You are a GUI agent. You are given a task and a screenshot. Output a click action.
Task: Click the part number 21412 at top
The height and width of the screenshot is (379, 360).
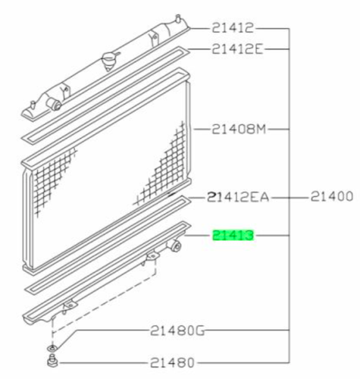(x=232, y=28)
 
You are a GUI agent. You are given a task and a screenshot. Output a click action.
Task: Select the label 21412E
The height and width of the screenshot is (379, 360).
(x=237, y=49)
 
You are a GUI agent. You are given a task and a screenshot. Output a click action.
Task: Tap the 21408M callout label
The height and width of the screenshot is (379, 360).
(x=239, y=129)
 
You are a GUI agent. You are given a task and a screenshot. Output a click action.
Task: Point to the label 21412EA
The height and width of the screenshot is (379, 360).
(x=238, y=197)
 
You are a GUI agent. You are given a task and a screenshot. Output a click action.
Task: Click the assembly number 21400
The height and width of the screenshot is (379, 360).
(x=331, y=196)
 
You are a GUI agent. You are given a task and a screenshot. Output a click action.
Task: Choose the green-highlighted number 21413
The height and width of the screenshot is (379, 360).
(x=233, y=235)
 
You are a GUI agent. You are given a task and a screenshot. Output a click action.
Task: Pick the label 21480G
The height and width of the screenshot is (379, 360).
(x=177, y=330)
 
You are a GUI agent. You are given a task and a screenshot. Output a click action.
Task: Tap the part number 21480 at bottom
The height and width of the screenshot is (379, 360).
(x=172, y=363)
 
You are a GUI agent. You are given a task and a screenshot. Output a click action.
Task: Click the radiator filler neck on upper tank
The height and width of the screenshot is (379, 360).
(x=109, y=61)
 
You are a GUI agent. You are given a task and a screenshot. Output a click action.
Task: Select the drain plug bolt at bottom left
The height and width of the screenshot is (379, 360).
(x=52, y=361)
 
